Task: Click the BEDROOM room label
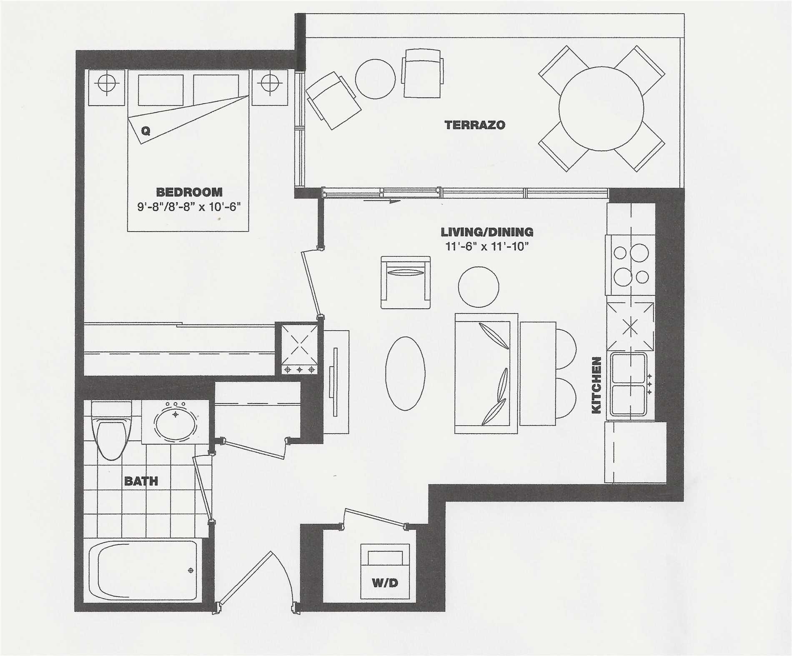click(189, 192)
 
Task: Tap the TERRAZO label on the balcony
click(474, 125)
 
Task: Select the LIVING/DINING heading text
click(487, 232)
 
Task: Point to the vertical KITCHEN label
click(597, 385)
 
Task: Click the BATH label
click(141, 481)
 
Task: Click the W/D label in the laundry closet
click(384, 583)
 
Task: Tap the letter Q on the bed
click(145, 131)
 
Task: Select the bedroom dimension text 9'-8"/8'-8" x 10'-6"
click(189, 207)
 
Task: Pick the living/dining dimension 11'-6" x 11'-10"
click(486, 246)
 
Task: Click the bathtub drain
click(191, 570)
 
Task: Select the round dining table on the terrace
click(601, 109)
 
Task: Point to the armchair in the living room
click(405, 282)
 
